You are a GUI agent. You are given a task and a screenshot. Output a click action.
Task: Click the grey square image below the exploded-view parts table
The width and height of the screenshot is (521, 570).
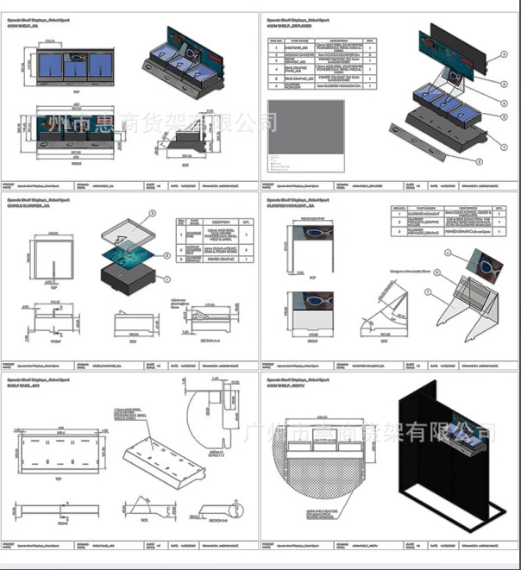[x=305, y=137]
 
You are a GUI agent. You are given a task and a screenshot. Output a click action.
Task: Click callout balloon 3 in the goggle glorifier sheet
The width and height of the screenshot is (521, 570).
[x=153, y=211]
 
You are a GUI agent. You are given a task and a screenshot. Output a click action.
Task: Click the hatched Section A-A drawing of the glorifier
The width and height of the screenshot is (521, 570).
[x=207, y=323]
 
